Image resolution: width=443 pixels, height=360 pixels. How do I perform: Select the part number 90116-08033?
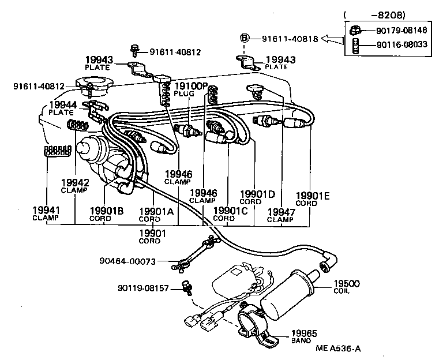click(402, 44)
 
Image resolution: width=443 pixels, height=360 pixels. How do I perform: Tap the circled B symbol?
click(244, 39)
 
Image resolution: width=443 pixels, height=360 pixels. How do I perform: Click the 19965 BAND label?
click(304, 336)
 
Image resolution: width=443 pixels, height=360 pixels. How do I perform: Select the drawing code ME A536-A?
click(341, 348)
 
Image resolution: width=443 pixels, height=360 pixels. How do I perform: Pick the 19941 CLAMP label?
click(46, 213)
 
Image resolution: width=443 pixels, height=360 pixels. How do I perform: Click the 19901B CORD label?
click(106, 214)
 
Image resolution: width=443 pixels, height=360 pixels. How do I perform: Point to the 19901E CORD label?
click(312, 199)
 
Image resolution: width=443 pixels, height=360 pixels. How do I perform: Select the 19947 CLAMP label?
click(280, 215)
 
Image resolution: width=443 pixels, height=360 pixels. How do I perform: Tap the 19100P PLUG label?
click(190, 89)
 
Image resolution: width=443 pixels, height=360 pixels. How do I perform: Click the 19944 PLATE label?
click(61, 108)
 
